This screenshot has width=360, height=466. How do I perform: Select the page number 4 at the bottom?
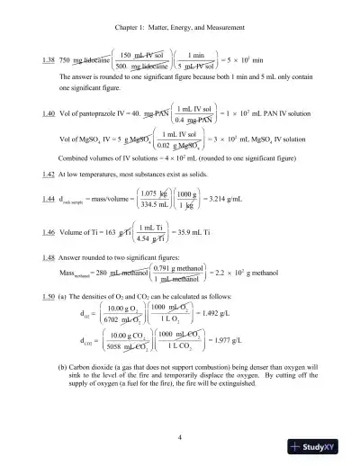[x=180, y=438]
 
